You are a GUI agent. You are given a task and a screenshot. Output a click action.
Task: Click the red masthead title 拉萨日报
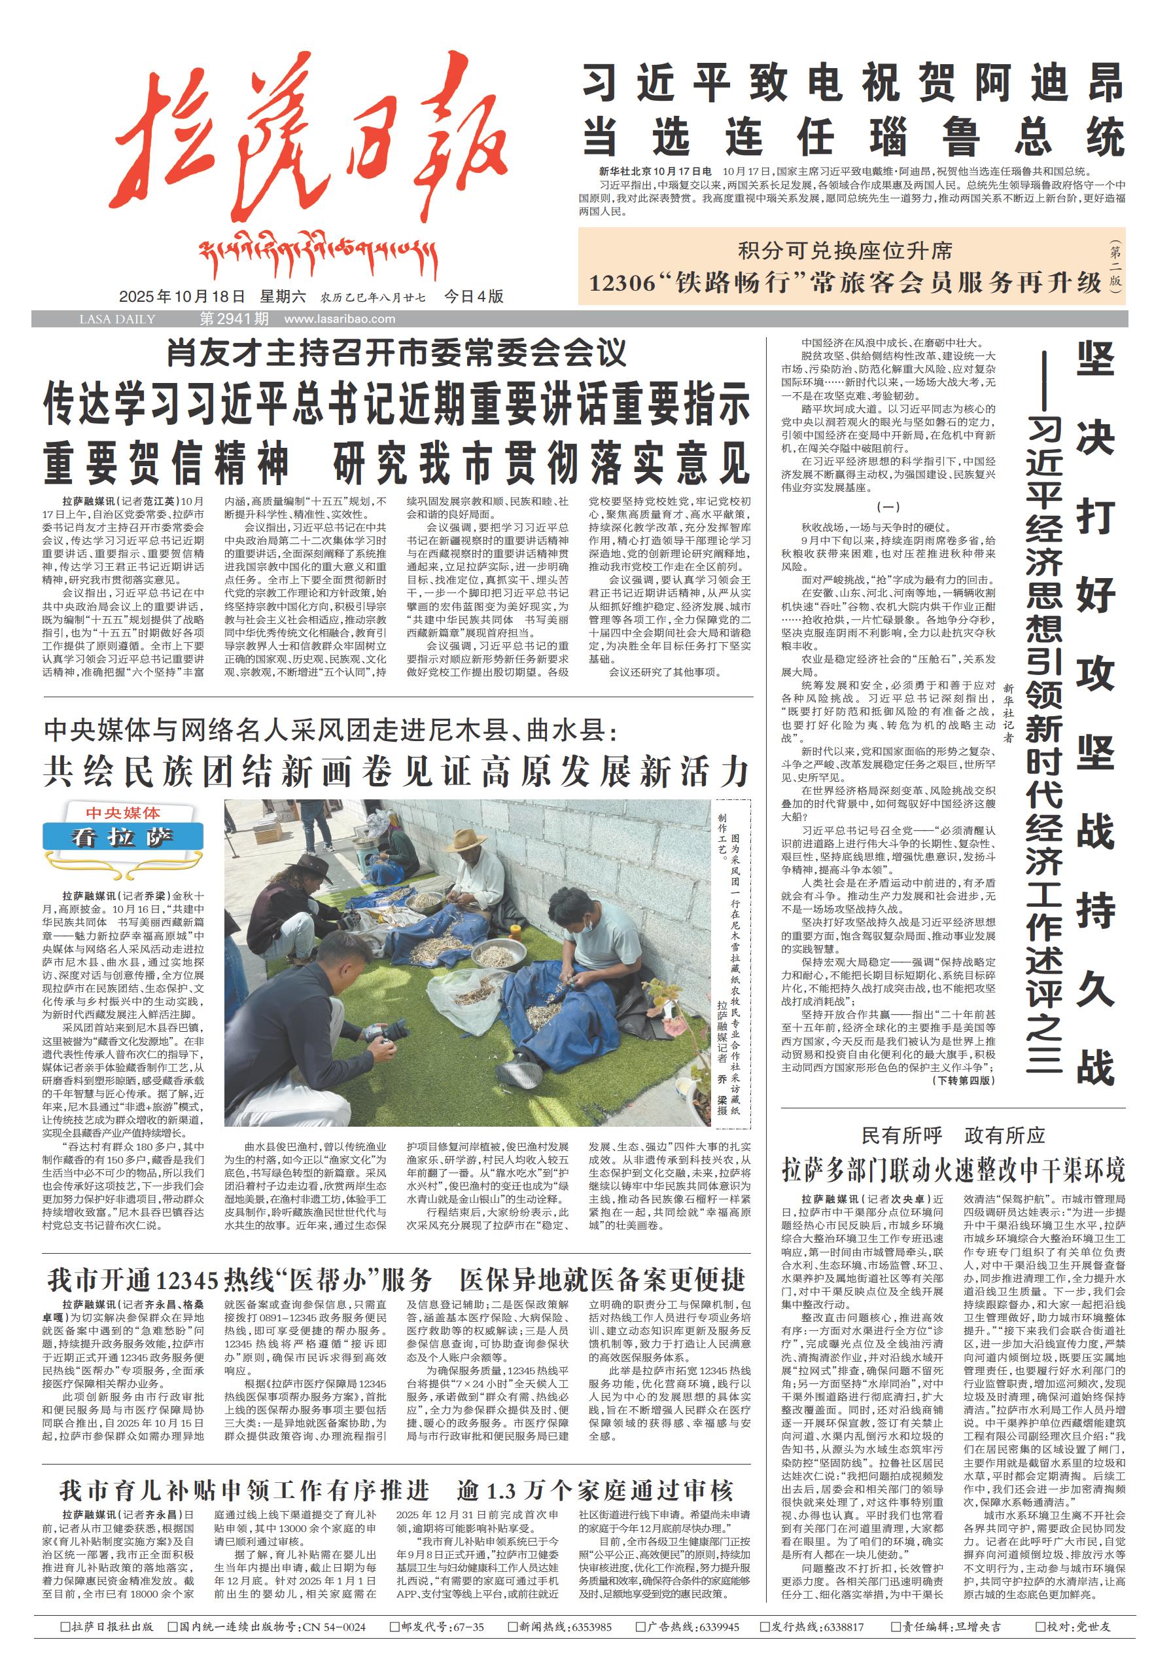310,146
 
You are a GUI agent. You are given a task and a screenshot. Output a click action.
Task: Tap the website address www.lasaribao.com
340,319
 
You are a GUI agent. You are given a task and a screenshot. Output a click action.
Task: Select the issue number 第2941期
234,319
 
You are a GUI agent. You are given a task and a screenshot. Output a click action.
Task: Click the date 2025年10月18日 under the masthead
182,297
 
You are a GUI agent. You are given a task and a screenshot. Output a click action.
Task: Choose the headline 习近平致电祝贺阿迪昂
852,82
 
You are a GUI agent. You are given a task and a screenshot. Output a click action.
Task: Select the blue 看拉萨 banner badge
122,837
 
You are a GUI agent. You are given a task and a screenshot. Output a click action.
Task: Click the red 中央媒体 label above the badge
122,813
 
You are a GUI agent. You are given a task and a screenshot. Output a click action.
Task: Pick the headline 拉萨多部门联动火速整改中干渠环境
953,1170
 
